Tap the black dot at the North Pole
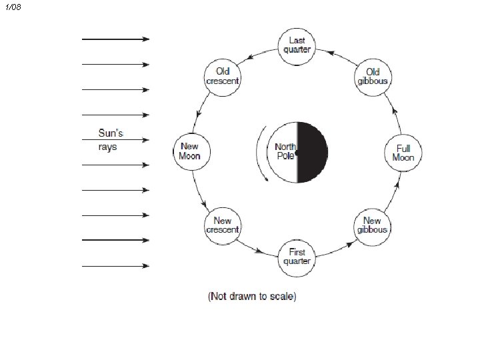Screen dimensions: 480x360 pyautogui.click(x=297, y=152)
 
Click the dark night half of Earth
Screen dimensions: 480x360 pyautogui.click(x=312, y=153)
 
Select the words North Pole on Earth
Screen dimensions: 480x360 pyautogui.click(x=285, y=151)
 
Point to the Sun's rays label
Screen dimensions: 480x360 pyautogui.click(x=111, y=139)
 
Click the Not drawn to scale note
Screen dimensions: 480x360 pyautogui.click(x=252, y=296)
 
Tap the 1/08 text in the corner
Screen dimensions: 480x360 pyautogui.click(x=13, y=7)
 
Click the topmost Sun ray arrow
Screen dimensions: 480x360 pyautogui.click(x=115, y=39)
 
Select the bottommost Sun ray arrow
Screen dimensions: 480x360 pyautogui.click(x=115, y=266)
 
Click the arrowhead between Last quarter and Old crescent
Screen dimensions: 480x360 pyautogui.click(x=250, y=57)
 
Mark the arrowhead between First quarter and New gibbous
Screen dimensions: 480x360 pyautogui.click(x=349, y=245)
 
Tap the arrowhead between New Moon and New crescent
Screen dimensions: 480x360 pyautogui.click(x=203, y=204)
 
